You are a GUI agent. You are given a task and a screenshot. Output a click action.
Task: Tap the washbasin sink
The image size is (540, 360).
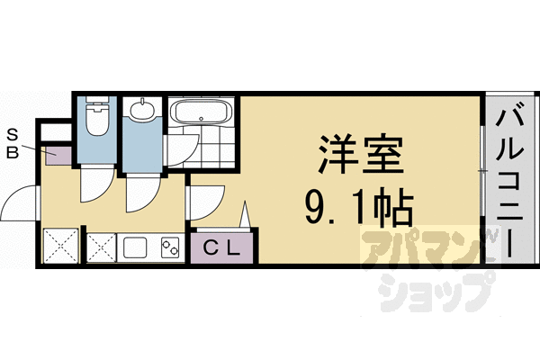pos(142,113)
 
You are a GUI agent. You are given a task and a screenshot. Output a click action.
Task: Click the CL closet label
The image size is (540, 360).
pos(221,247)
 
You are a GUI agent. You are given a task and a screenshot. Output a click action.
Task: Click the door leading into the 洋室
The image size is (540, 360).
pos(206,200)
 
